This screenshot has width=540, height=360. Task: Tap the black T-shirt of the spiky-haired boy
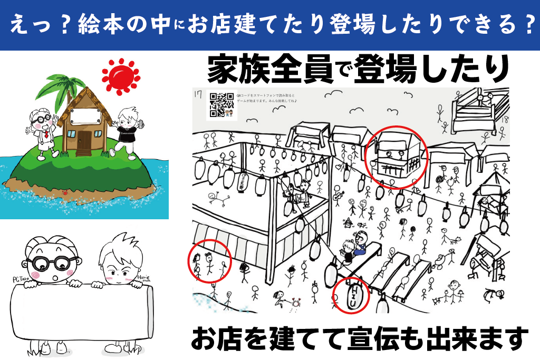pyautogui.click(x=127, y=134)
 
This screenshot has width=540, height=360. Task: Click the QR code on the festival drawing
pyautogui.click(x=221, y=104)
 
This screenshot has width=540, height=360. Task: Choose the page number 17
pyautogui.click(x=198, y=95)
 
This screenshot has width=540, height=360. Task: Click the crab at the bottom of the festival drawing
pyautogui.click(x=296, y=303)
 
